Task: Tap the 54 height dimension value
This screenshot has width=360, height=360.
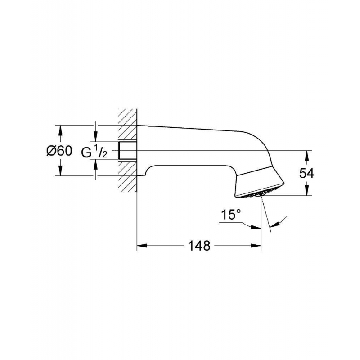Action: pyautogui.click(x=307, y=174)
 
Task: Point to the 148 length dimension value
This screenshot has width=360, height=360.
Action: pyautogui.click(x=199, y=246)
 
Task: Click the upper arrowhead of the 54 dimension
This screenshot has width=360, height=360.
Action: pyautogui.click(x=307, y=154)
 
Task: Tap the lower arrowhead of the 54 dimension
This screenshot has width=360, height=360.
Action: pyautogui.click(x=307, y=192)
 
